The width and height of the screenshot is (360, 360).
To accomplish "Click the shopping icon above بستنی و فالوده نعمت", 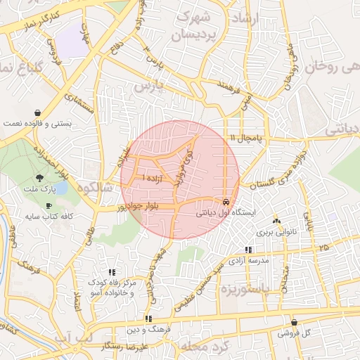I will coord(37,112).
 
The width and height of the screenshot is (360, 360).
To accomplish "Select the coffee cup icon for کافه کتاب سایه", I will coord(49,205).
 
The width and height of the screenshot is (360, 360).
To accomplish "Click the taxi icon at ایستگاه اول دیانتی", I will coord(225,200).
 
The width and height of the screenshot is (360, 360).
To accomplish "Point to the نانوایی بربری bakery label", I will coord(276,231).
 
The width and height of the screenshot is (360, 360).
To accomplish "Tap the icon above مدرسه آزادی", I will coord(247,250).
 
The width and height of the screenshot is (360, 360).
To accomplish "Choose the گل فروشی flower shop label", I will coord(293,333).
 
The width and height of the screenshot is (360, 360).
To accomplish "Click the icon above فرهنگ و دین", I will coord(147,319).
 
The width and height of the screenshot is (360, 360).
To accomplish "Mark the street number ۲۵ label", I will coord(323,248).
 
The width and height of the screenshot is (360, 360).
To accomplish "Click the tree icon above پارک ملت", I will coord(38,179).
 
